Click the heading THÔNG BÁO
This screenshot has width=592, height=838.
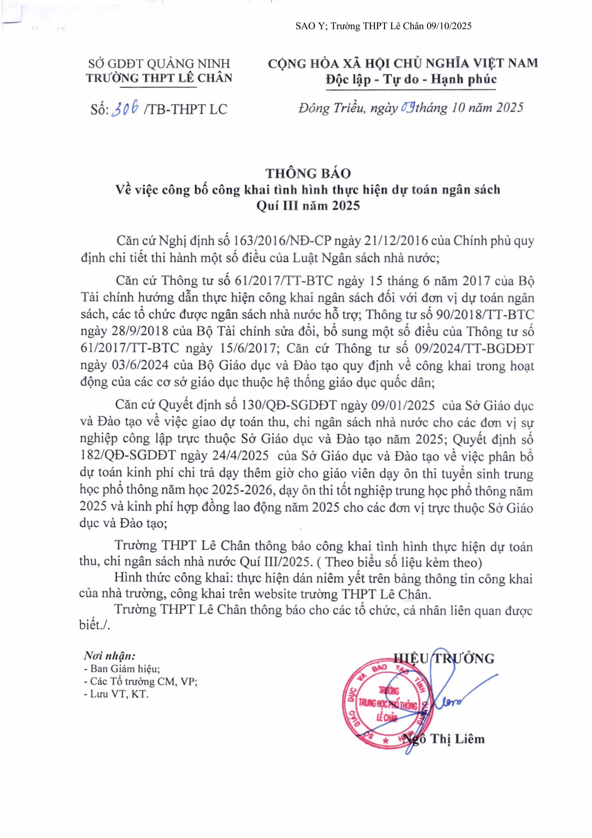[308, 173]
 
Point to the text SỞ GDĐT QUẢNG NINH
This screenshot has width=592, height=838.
[159, 64]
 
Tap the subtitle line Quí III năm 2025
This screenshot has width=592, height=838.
[308, 206]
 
